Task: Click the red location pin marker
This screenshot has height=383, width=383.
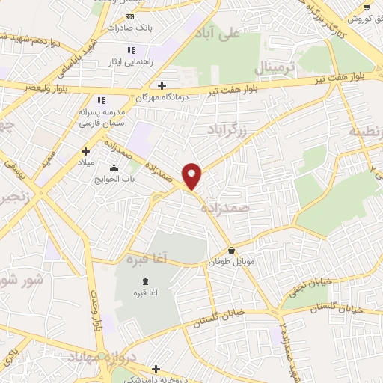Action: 192,176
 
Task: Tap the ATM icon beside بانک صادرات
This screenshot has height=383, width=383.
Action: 130,16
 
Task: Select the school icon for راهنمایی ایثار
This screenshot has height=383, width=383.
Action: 131,50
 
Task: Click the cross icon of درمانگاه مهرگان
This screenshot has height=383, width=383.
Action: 162,85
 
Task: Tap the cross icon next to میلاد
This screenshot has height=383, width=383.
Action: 84,151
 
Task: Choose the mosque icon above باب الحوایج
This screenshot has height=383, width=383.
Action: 113,168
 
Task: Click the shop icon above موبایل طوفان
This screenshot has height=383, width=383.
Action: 232,251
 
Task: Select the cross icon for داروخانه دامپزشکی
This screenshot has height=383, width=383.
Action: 156,368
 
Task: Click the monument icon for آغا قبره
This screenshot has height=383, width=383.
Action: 144,281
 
